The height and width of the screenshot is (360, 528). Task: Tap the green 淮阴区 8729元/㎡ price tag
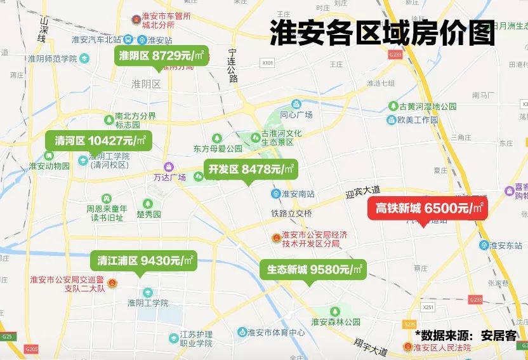162,56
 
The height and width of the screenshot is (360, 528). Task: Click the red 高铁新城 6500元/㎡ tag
428,208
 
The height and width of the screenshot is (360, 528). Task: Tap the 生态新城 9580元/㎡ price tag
314,269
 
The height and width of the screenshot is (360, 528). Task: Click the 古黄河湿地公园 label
426,107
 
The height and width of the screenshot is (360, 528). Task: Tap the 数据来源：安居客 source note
466,335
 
